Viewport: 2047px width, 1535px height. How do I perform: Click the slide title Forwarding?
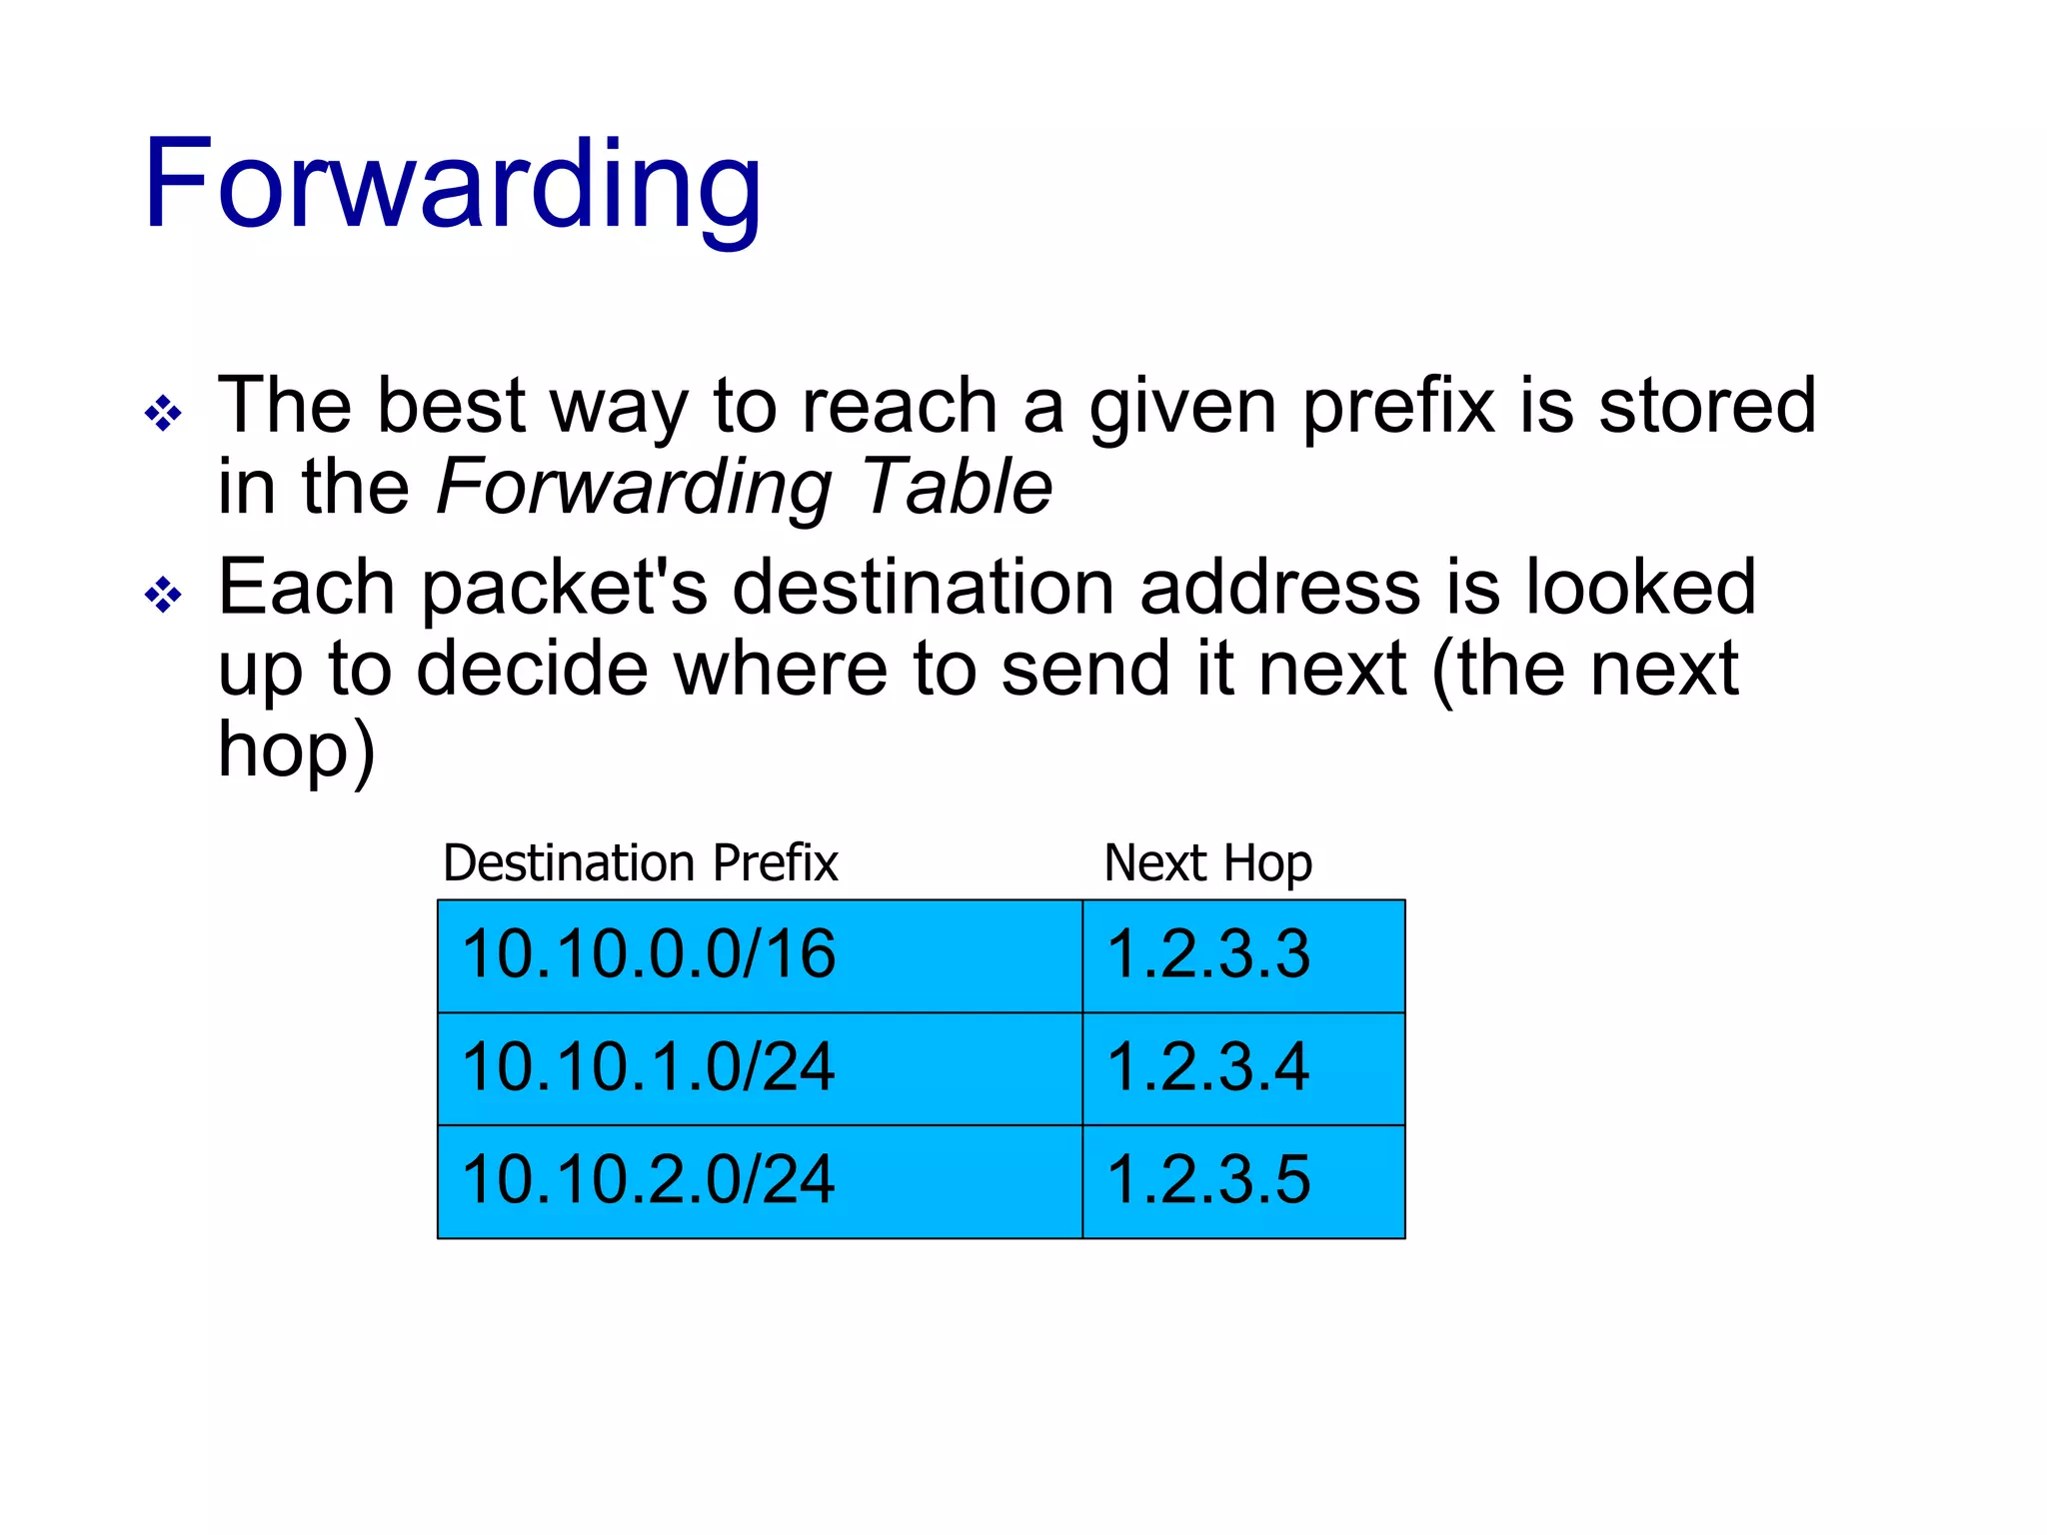coord(452,186)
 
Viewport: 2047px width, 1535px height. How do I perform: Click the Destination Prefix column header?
coord(640,862)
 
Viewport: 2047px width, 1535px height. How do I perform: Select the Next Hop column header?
coord(1207,864)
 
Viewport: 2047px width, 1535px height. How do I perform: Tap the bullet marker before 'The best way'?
coord(163,413)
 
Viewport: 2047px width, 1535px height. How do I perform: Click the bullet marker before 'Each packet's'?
coord(163,596)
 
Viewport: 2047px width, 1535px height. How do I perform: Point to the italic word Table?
coord(957,487)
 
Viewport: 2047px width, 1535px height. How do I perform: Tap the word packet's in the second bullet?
coord(565,590)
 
